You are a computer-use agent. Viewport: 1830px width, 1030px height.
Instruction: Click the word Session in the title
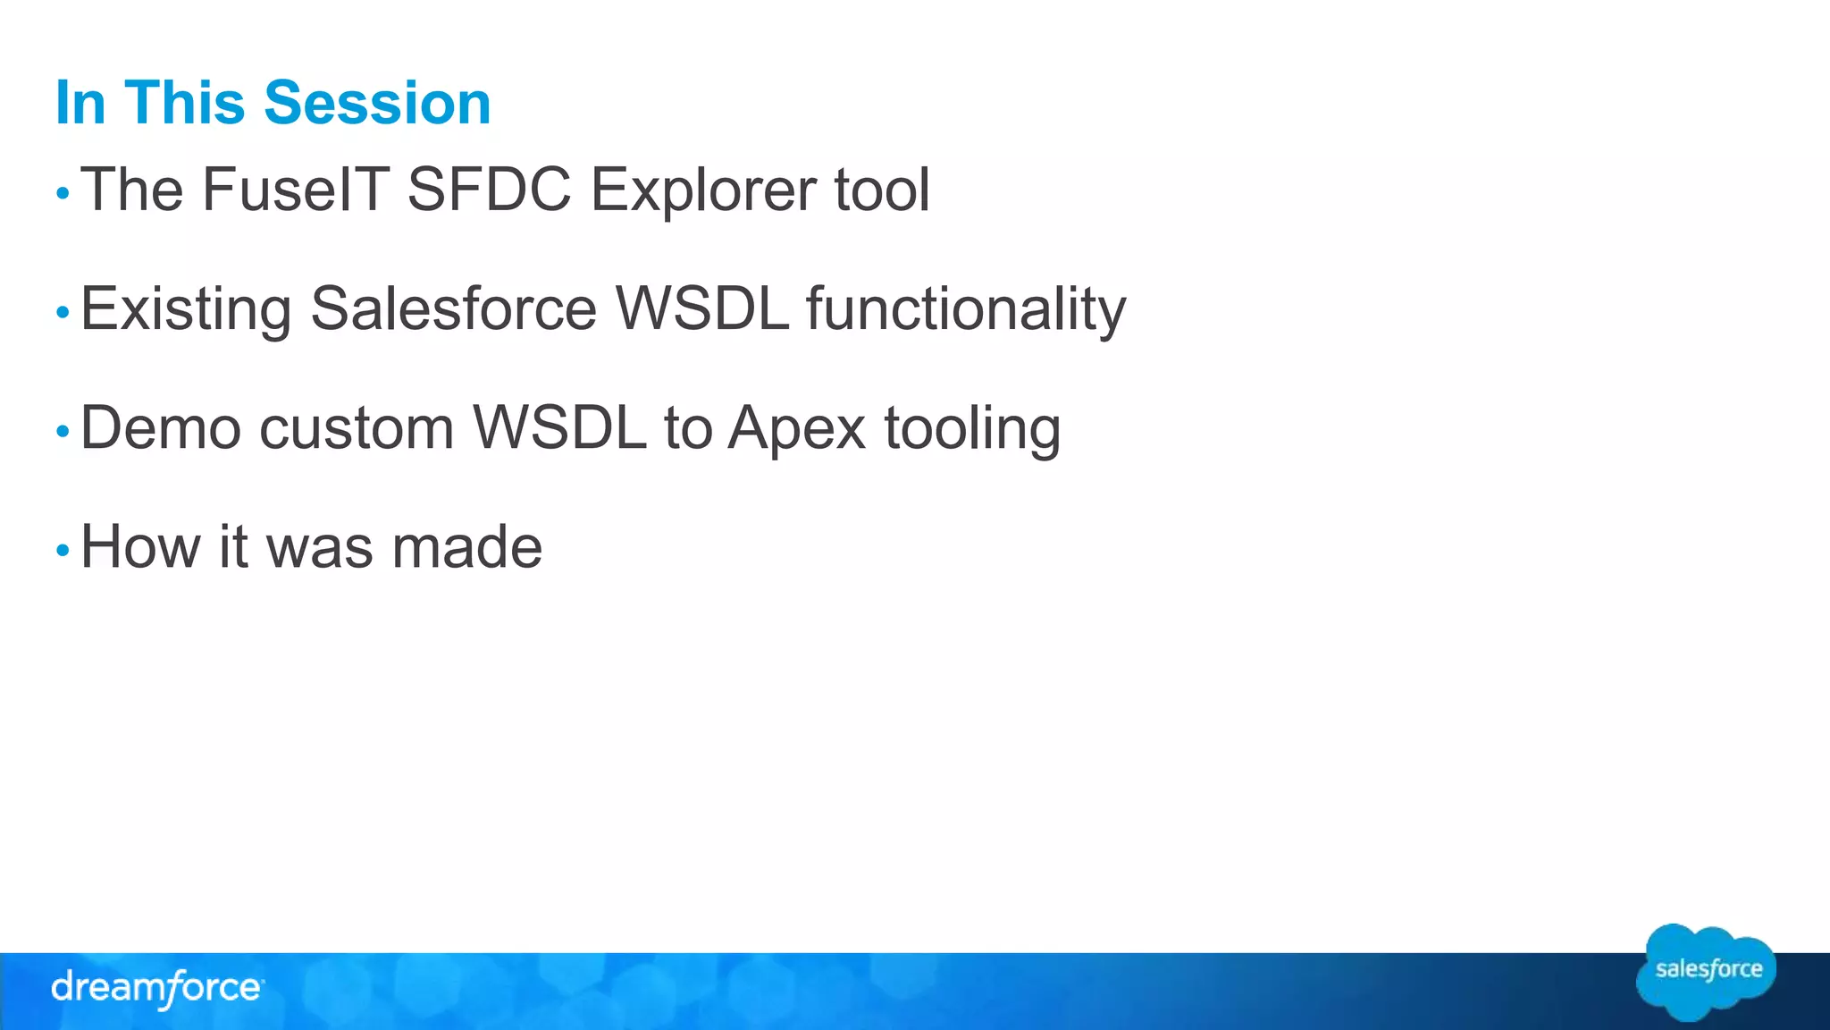(377, 103)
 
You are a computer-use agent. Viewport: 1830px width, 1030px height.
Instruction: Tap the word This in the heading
(184, 103)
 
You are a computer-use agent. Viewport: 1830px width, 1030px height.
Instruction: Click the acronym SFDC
(489, 190)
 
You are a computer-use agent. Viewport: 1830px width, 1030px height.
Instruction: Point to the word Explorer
(703, 191)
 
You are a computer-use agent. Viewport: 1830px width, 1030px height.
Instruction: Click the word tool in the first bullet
(882, 190)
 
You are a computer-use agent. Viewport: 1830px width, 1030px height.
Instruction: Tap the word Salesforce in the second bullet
(453, 308)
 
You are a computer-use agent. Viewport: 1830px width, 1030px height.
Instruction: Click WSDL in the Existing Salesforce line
(702, 308)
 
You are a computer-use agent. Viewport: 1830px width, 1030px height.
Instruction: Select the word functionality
(966, 310)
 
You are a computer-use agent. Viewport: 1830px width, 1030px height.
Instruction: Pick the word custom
(357, 429)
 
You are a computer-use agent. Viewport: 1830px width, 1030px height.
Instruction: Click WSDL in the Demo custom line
(559, 427)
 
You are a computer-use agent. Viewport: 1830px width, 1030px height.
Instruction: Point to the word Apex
(797, 429)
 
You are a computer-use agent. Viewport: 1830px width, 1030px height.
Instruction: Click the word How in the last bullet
(140, 546)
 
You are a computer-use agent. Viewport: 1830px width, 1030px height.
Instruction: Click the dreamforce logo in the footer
(156, 988)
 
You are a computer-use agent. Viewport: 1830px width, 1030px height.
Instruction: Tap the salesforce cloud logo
(1707, 972)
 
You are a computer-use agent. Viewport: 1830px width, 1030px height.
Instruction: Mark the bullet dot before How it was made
(63, 550)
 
